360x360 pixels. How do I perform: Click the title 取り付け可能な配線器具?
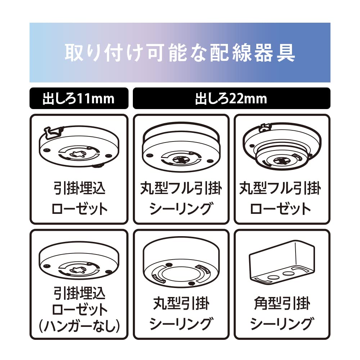(180, 53)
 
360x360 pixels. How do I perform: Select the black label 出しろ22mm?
(231, 98)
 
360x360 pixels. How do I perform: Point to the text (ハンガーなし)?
(78, 326)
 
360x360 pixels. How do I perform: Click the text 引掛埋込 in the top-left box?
(78, 189)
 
